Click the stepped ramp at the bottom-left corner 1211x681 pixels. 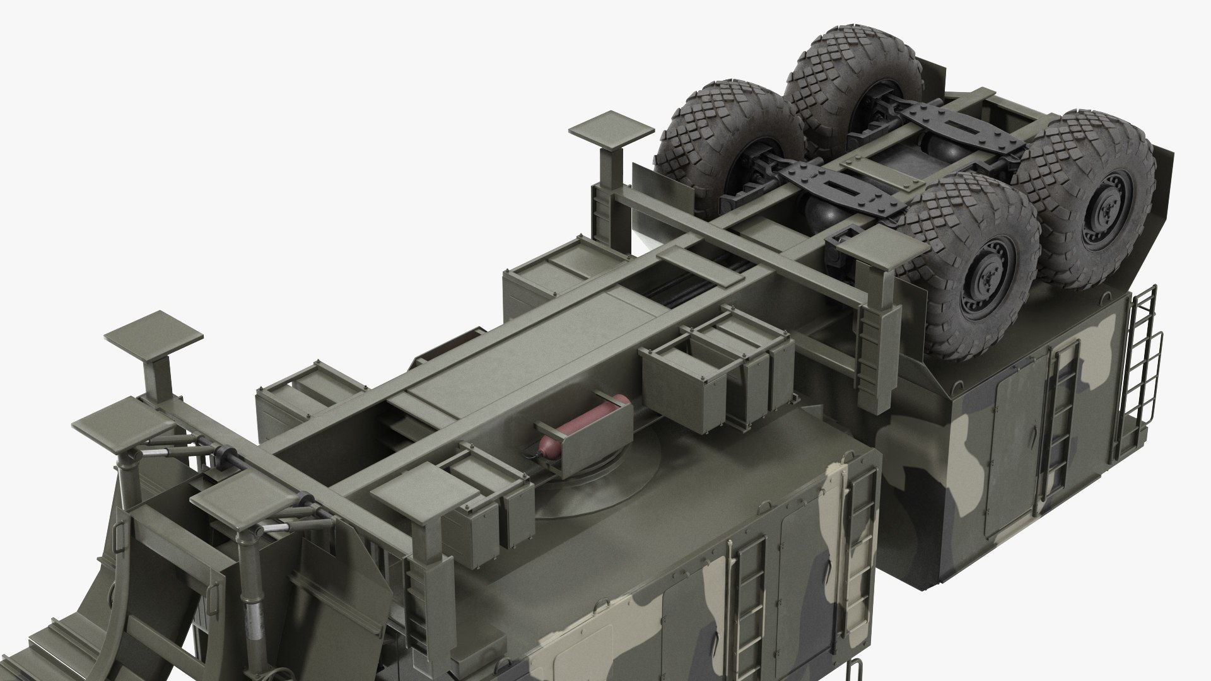(x=57, y=637)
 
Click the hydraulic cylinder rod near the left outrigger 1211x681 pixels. (x=183, y=452)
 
